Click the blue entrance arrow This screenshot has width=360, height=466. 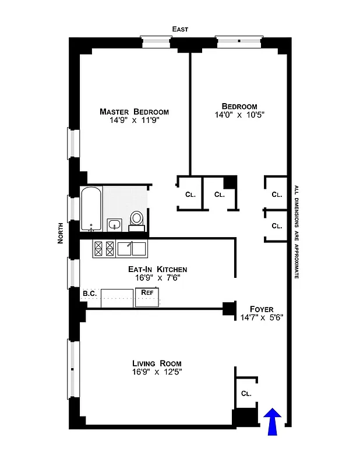[x=273, y=421]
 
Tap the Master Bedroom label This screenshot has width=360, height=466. [x=134, y=112]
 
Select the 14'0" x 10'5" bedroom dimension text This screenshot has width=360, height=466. [x=239, y=115]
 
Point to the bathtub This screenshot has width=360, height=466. [x=91, y=209]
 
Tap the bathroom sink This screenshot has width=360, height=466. [x=114, y=224]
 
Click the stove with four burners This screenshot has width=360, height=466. [x=104, y=249]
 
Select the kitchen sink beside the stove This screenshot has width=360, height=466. [x=131, y=249]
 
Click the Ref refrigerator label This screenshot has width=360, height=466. [x=147, y=292]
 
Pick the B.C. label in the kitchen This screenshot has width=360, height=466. [x=89, y=293]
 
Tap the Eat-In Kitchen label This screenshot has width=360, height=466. [x=157, y=269]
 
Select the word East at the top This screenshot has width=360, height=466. [x=179, y=29]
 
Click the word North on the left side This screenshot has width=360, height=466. [x=61, y=232]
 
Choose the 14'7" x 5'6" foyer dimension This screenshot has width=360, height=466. [x=262, y=318]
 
